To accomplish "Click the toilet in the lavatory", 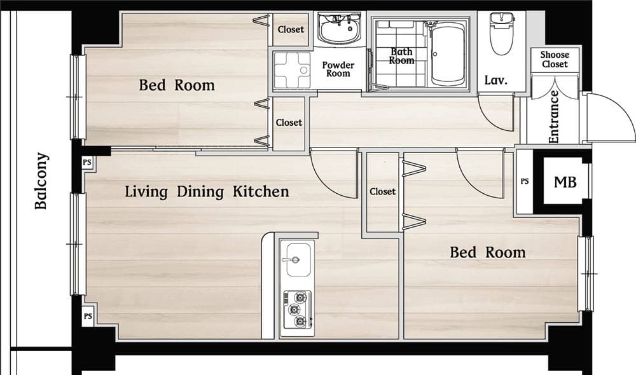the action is pyautogui.click(x=502, y=33).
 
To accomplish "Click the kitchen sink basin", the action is pyautogui.click(x=299, y=259).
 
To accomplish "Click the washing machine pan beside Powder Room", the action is pyautogui.click(x=292, y=70).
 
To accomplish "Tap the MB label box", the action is pyautogui.click(x=565, y=182).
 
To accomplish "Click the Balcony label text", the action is pyautogui.click(x=41, y=181).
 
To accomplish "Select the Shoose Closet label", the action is pyautogui.click(x=555, y=59).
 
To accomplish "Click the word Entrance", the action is pyautogui.click(x=554, y=117).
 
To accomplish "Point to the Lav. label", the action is pyautogui.click(x=495, y=80).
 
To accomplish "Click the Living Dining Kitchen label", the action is pyautogui.click(x=207, y=191).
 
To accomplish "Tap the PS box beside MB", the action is pyautogui.click(x=525, y=181).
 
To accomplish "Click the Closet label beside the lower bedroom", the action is pyautogui.click(x=382, y=191).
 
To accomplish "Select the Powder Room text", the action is pyautogui.click(x=338, y=69).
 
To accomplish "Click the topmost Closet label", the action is pyautogui.click(x=291, y=29).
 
